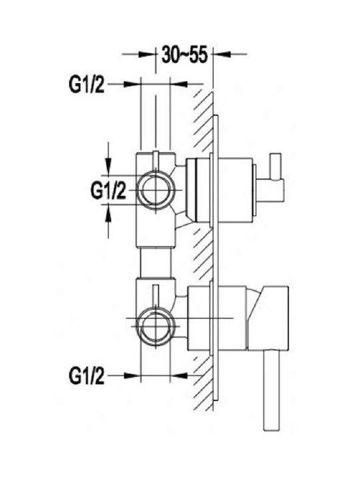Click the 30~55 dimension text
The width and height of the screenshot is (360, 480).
point(185,55)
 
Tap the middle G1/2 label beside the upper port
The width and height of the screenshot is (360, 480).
point(109,191)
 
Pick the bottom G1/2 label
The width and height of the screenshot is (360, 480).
point(87,376)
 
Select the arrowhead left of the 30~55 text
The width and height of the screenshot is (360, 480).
point(146,55)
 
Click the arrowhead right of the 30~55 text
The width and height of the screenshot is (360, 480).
point(221,55)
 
